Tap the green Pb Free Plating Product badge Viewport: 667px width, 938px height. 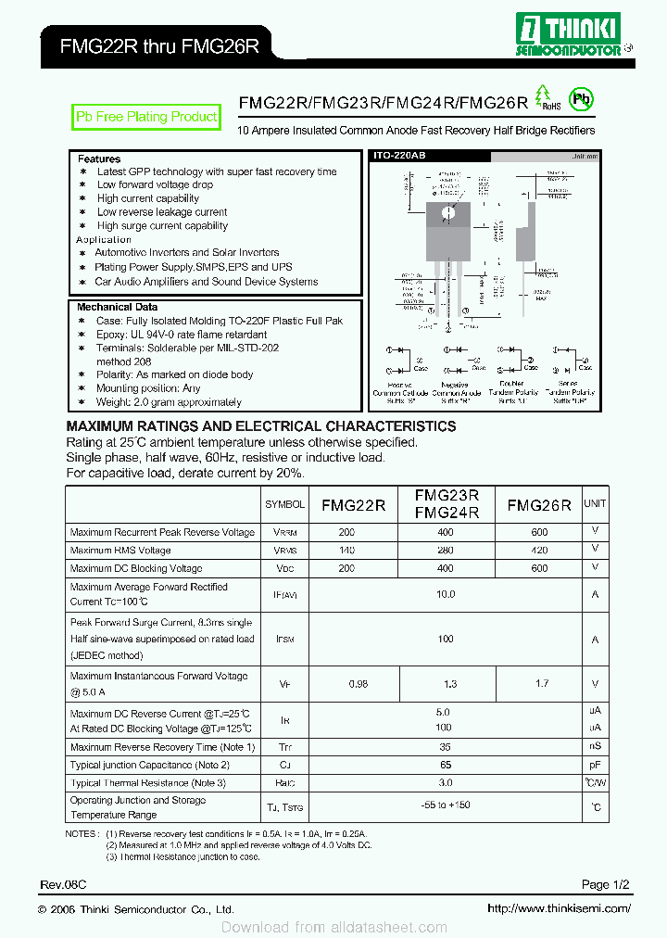[146, 117]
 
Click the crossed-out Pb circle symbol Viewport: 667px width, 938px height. [581, 99]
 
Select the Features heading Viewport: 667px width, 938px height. [99, 159]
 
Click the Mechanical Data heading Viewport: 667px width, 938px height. [117, 307]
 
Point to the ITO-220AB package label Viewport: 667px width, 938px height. [399, 158]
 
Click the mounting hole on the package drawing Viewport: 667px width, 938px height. [448, 212]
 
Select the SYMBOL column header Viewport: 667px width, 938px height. [284, 504]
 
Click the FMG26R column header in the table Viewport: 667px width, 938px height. [539, 505]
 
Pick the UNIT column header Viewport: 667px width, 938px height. [595, 503]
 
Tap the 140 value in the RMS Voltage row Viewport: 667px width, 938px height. [346, 551]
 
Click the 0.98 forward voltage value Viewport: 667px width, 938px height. [358, 684]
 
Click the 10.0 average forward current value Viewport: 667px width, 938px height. [446, 595]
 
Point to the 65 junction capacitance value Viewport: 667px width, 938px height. [446, 765]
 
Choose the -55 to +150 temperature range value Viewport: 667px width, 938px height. [446, 805]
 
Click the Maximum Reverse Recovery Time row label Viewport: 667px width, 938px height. [162, 747]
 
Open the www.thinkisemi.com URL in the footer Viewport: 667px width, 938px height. [559, 909]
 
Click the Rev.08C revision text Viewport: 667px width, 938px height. [63, 885]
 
